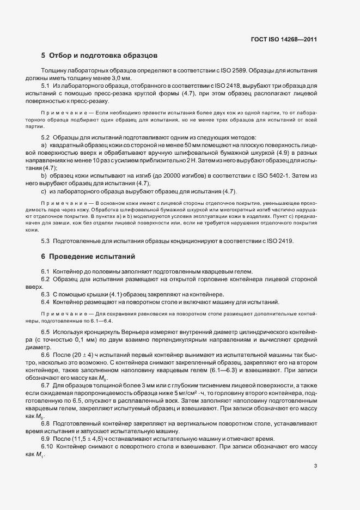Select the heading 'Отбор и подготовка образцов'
103,56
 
